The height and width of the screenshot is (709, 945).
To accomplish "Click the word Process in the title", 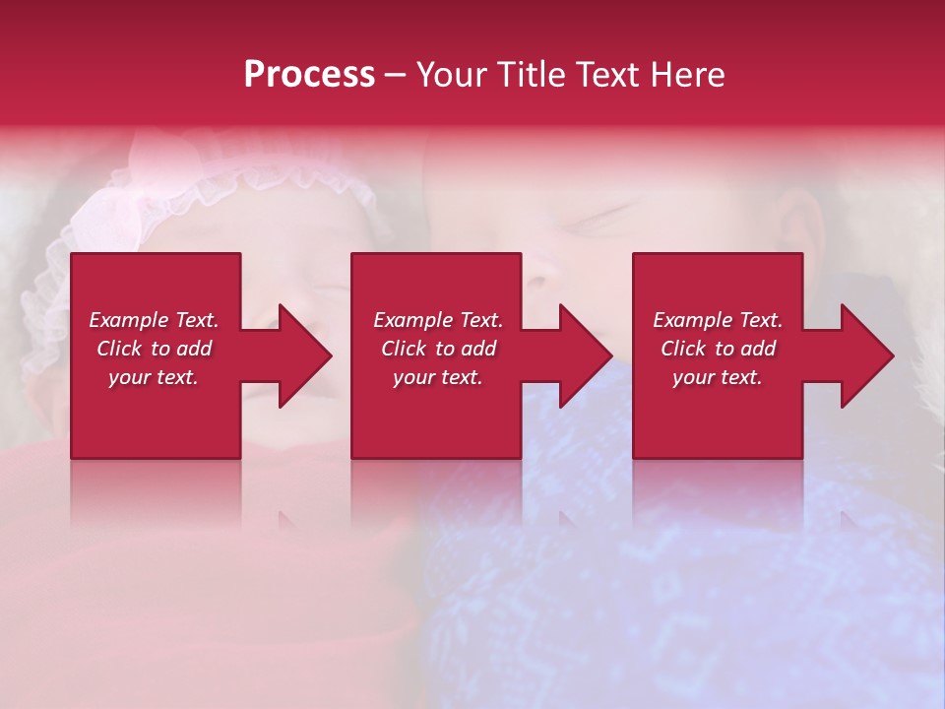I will tap(309, 75).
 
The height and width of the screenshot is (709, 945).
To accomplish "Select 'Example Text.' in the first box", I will tap(154, 320).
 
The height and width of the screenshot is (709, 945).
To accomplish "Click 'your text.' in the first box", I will tap(154, 377).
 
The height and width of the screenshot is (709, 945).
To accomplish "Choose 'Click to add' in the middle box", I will tap(438, 349).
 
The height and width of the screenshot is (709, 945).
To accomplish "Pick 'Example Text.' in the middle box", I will tap(438, 320).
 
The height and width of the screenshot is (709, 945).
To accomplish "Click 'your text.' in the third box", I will tap(718, 377).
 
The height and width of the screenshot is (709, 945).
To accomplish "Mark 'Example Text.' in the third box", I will tap(718, 320).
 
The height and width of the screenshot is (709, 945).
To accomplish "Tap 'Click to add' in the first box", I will tap(154, 349).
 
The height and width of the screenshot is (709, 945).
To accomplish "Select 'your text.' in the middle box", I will tap(438, 377).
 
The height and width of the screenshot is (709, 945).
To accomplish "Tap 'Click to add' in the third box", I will tap(718, 349).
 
